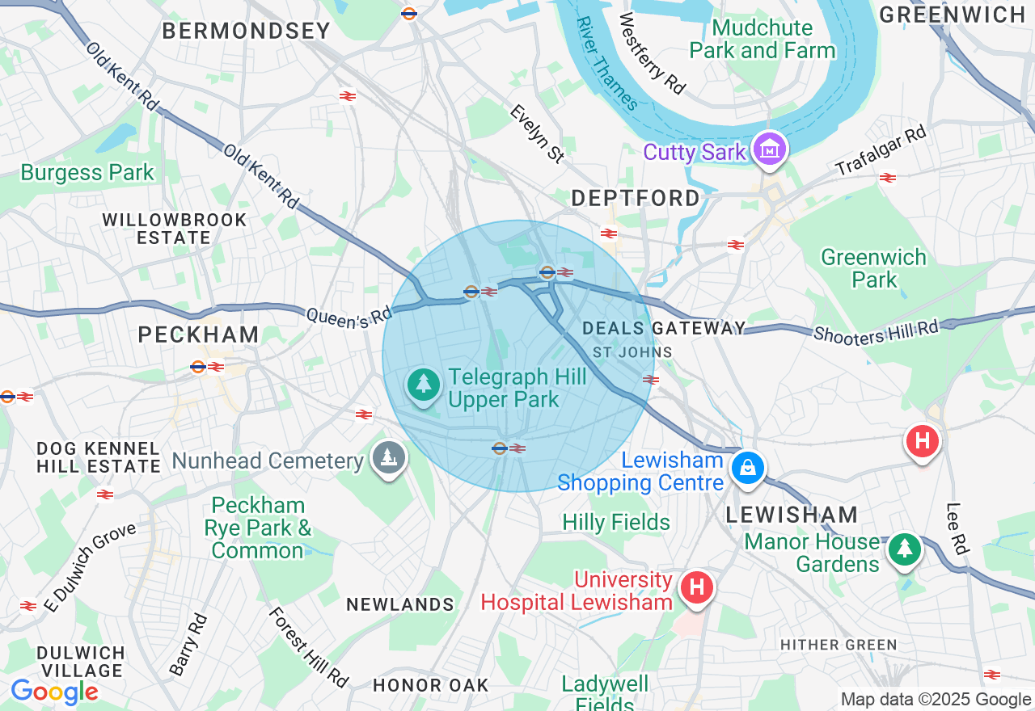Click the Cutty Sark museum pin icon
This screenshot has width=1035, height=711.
point(769,149)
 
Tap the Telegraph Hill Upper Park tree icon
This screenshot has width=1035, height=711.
point(423,385)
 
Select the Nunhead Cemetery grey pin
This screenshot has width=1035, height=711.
point(389,457)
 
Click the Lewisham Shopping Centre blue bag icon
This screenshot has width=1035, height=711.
point(748,468)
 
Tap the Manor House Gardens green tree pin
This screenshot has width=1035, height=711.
point(904,549)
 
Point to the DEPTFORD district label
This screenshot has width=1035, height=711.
point(636,198)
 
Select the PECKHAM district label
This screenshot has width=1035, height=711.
point(198,334)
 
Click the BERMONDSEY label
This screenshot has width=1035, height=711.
point(247,32)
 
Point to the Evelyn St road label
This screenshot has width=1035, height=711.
point(537,133)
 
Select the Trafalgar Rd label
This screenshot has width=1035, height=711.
point(881,151)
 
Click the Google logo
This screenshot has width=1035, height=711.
point(54,692)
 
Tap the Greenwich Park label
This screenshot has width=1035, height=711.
point(873,268)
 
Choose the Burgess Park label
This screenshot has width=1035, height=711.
point(87,173)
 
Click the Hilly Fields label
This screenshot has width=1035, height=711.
point(616,523)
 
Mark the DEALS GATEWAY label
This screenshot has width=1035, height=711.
point(664,328)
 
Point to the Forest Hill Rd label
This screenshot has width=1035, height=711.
point(308,647)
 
